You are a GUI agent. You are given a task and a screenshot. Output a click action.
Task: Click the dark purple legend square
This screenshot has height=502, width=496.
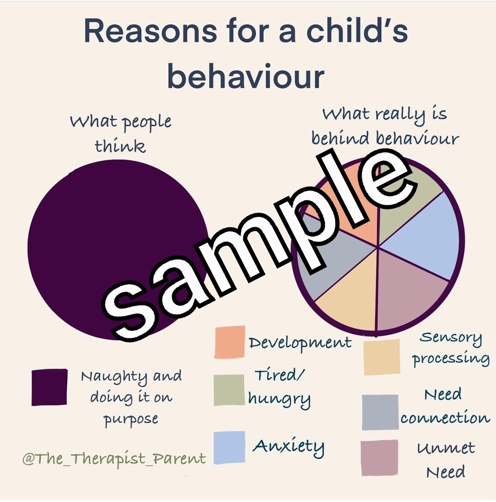coord(49,387)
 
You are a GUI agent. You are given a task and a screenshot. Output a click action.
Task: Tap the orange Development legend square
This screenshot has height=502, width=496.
coord(230,342)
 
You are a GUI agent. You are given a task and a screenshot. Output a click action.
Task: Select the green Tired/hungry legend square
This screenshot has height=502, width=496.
coord(229,390)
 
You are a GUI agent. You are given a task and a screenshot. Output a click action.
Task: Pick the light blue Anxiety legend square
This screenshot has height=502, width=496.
coord(230,447)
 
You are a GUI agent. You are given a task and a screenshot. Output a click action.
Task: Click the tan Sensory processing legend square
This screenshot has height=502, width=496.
coord(381,357)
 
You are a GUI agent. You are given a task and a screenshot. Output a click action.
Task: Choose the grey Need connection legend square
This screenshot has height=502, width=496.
coord(380,412)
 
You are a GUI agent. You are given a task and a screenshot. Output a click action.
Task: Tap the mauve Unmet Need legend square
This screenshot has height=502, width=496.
coord(379,457)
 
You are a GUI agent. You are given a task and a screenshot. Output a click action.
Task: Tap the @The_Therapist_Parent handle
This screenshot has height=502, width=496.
coord(114,459)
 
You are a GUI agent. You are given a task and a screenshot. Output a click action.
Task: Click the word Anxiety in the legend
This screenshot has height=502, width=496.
coord(289,446)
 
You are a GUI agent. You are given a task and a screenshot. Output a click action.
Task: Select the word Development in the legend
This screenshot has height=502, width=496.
coord(300,342)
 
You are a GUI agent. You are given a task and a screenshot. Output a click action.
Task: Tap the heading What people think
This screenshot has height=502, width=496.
coord(120,134)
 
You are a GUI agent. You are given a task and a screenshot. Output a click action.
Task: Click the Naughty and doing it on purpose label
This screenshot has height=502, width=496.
coord(131,397)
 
